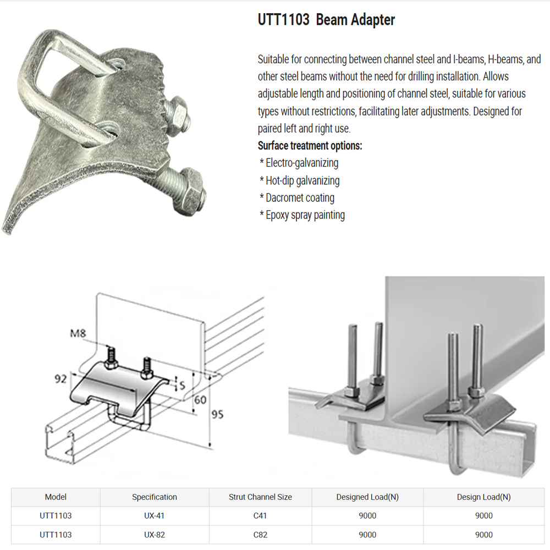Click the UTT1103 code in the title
pyautogui.click(x=283, y=20)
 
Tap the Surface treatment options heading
pyautogui.click(x=310, y=146)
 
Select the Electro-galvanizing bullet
pyautogui.click(x=299, y=163)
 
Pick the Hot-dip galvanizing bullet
pyautogui.click(x=300, y=180)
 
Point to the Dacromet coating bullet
pyautogui.click(x=297, y=198)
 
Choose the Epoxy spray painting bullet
pyautogui.click(x=302, y=215)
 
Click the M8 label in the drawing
pyautogui.click(x=78, y=333)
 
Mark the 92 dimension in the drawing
pyautogui.click(x=61, y=379)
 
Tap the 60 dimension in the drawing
pyautogui.click(x=200, y=400)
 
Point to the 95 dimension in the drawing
pyautogui.click(x=217, y=415)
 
